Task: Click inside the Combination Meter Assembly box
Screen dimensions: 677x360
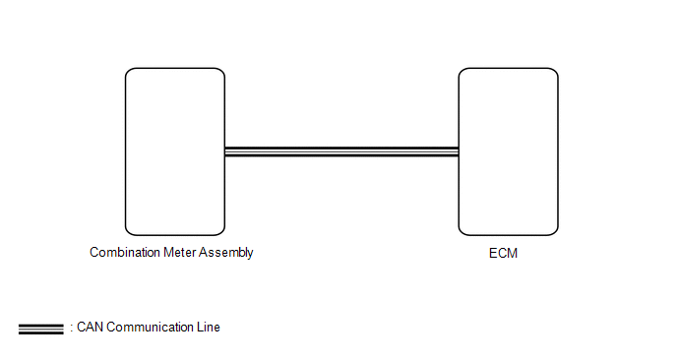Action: pos(175,151)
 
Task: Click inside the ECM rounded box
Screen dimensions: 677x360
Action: pos(508,151)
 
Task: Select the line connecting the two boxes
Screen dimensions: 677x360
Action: pos(341,151)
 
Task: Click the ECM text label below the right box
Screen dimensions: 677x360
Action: pos(503,253)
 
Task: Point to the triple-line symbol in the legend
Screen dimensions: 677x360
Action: pos(41,329)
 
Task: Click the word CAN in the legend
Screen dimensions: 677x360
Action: pos(91,328)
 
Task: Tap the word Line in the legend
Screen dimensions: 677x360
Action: pos(209,328)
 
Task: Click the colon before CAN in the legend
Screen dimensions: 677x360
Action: pos(72,329)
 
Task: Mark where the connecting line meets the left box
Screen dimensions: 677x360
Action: pos(225,151)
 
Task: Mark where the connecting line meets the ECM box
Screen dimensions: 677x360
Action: pos(459,151)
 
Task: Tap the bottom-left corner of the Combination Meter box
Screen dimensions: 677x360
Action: pos(126,235)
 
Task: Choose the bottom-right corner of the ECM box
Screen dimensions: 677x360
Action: pos(558,235)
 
